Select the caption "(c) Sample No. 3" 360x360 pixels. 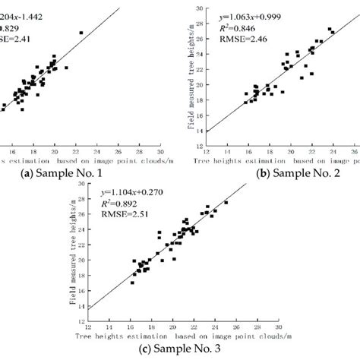181,349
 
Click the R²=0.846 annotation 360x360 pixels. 238,26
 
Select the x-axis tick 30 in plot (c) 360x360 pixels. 279,329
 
